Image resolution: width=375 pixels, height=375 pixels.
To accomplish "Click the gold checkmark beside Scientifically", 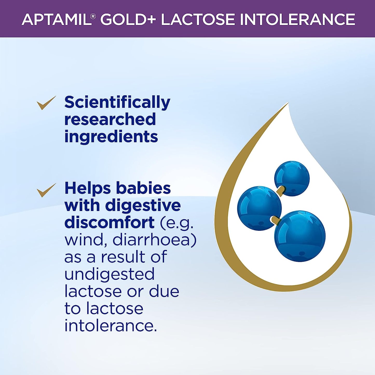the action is coord(46,103).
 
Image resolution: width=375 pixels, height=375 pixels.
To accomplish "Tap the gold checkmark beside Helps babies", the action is coord(46,190).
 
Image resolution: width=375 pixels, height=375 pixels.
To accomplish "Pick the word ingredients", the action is coord(111,137).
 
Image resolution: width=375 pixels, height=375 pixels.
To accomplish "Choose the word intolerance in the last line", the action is coord(111,326).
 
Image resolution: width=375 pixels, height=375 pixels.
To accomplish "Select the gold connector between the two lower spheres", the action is coord(275,220).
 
